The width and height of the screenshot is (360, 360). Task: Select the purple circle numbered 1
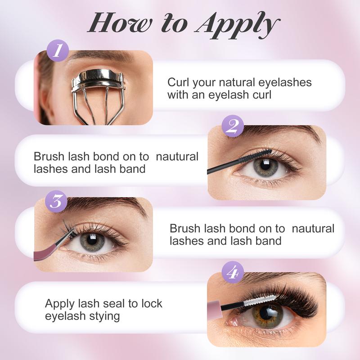[58, 50]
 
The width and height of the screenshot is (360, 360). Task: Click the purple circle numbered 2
[233, 126]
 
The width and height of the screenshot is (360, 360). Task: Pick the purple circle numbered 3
[56, 201]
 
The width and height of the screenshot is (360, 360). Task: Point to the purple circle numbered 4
[233, 272]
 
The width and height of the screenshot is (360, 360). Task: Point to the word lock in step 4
[152, 303]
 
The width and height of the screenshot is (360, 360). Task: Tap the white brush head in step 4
[260, 300]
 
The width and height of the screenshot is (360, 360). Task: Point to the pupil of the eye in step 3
[92, 240]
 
